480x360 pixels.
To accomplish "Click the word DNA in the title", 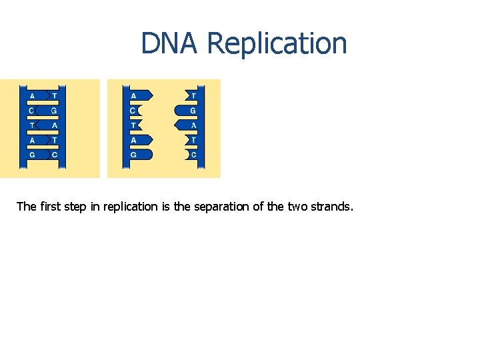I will pyautogui.click(x=170, y=43).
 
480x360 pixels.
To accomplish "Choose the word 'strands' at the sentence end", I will pyautogui.click(x=331, y=207).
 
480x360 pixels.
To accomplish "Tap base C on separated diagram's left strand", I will pyautogui.click(x=133, y=110).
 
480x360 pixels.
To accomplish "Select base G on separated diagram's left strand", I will pyautogui.click(x=133, y=155).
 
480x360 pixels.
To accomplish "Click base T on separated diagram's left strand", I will pyautogui.click(x=133, y=125).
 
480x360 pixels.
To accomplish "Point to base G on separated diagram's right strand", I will pyautogui.click(x=193, y=110).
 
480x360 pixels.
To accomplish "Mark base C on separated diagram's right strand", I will pyautogui.click(x=193, y=155).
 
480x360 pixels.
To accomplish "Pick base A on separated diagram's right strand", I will pyautogui.click(x=193, y=125).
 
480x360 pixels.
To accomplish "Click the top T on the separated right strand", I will pyautogui.click(x=193, y=95).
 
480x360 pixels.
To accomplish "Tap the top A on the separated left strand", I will pyautogui.click(x=133, y=95).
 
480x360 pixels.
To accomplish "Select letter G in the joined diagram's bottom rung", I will pyautogui.click(x=32, y=155).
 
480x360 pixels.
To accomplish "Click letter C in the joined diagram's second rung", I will pyautogui.click(x=32, y=110).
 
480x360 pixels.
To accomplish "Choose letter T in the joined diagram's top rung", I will pyautogui.click(x=54, y=95).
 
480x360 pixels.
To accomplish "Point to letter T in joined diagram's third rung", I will pyautogui.click(x=32, y=125).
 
